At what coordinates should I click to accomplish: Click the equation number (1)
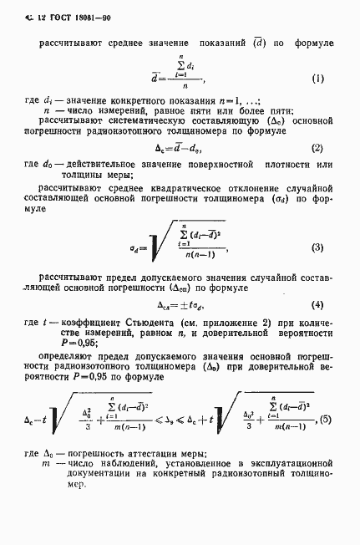coord(317,79)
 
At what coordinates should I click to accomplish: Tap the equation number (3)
coord(317,247)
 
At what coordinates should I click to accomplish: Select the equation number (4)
coord(317,305)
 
